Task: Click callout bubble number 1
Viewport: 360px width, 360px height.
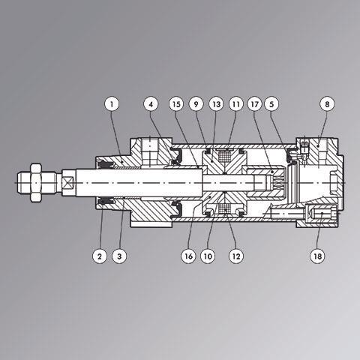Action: coord(112,104)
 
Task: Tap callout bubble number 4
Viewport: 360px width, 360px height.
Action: coord(151,104)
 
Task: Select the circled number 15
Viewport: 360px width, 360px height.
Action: coord(176,104)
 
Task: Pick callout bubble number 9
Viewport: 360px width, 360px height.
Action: coord(196,104)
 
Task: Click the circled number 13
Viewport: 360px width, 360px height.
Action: coord(216,104)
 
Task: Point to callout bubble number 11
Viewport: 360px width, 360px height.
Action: coord(236,104)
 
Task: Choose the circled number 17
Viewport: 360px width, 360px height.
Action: coord(254,104)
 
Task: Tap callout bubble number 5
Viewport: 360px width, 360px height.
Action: coord(271,104)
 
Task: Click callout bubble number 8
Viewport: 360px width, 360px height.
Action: coord(327,104)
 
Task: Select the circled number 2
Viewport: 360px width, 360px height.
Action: coord(100,256)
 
